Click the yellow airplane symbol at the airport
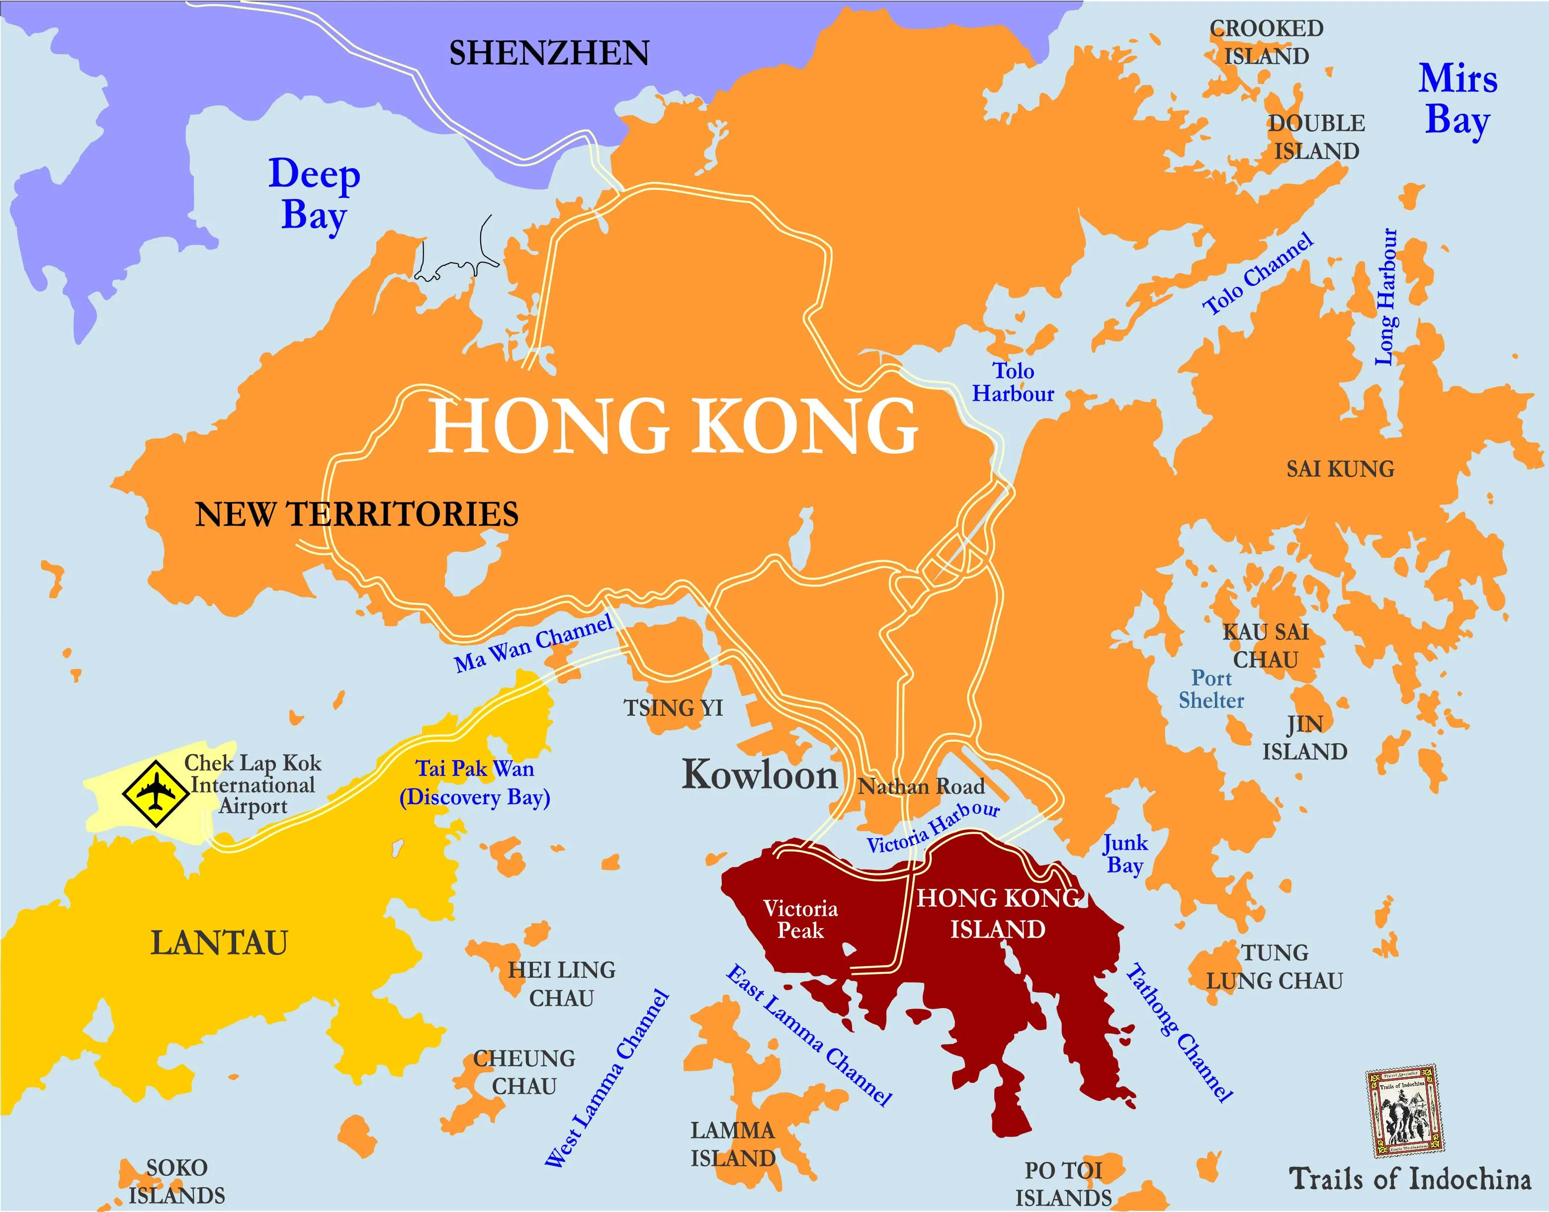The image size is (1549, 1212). point(155,793)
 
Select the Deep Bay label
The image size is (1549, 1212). point(314,194)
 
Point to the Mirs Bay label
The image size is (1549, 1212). point(1458,99)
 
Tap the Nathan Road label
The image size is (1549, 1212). point(921,786)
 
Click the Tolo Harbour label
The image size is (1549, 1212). point(1013,382)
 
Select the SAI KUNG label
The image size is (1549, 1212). point(1340,469)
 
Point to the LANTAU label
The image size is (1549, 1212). point(219,943)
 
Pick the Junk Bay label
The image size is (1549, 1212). point(1124,854)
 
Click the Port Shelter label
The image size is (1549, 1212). point(1211,689)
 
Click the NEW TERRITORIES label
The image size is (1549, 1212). point(356,515)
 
